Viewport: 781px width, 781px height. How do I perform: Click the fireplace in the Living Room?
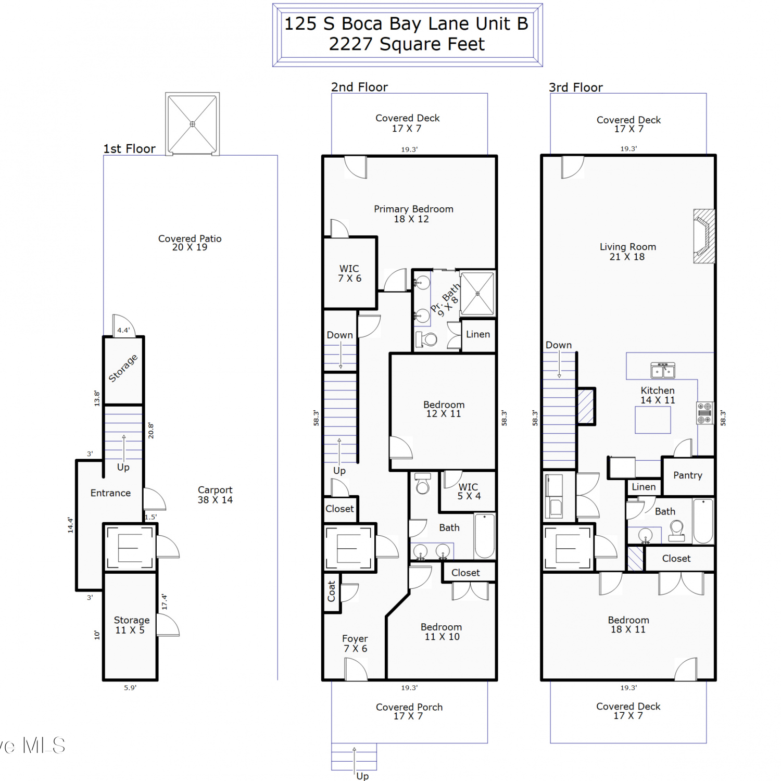click(x=704, y=236)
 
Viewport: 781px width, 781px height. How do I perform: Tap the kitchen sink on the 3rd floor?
click(x=663, y=370)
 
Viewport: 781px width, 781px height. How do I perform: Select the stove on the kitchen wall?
click(x=704, y=413)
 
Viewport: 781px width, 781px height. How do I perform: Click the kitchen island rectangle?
click(x=652, y=420)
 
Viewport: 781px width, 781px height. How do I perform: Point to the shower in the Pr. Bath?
click(x=477, y=294)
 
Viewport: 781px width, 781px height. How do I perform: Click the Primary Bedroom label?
click(x=413, y=214)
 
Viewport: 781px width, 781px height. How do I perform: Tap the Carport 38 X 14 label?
click(x=215, y=495)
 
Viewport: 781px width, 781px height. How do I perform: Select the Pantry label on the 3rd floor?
click(x=687, y=475)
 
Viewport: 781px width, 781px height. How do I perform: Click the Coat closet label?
click(x=331, y=591)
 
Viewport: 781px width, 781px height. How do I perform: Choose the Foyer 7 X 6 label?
click(x=355, y=644)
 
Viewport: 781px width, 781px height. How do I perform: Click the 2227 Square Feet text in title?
click(x=407, y=44)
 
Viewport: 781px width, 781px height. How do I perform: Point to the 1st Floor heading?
click(x=129, y=149)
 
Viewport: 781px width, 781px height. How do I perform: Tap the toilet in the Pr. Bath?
click(x=426, y=339)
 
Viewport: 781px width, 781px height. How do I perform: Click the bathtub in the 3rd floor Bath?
click(x=703, y=521)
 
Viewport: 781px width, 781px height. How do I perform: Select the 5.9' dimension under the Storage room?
click(x=130, y=688)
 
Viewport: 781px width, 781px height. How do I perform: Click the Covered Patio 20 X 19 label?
click(x=190, y=243)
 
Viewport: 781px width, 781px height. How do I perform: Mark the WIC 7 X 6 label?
click(x=349, y=273)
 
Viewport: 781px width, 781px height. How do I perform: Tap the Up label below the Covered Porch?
click(x=362, y=776)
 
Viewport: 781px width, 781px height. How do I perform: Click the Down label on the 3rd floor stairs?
click(x=559, y=345)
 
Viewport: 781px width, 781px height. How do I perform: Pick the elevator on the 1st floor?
click(x=130, y=548)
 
